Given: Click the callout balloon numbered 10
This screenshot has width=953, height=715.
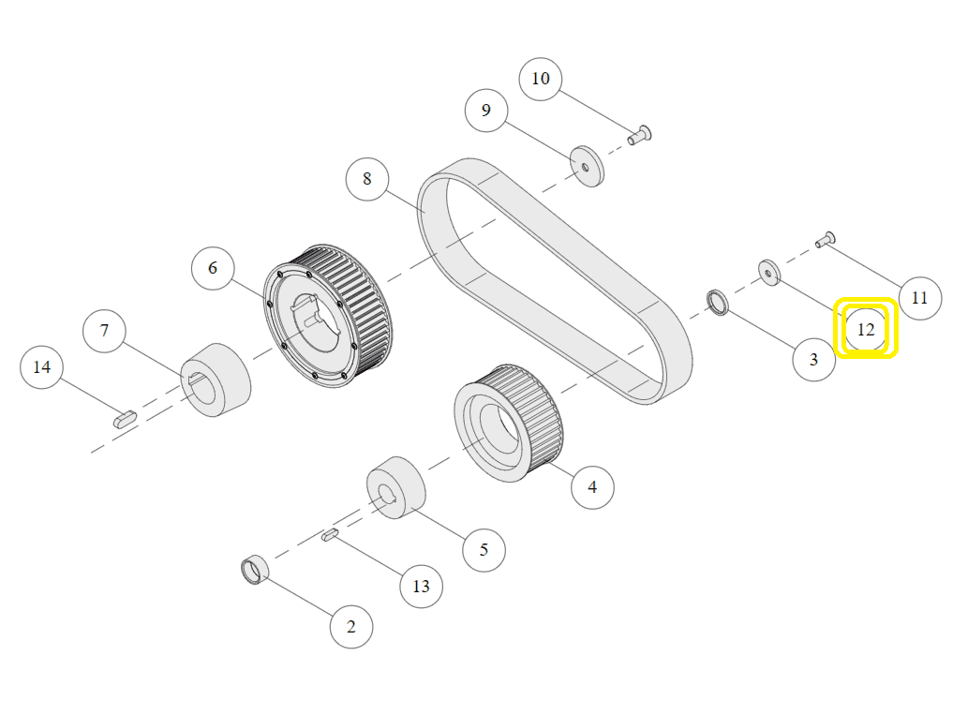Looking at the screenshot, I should pyautogui.click(x=541, y=78).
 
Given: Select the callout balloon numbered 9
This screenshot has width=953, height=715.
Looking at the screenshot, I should pyautogui.click(x=486, y=111).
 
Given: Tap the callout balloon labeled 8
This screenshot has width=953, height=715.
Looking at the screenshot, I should pyautogui.click(x=366, y=178).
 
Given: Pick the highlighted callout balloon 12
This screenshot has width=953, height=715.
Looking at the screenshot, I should pyautogui.click(x=866, y=330).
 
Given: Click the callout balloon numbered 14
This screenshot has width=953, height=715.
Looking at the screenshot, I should pyautogui.click(x=42, y=366).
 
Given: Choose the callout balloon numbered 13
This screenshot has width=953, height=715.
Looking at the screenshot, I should pyautogui.click(x=421, y=586).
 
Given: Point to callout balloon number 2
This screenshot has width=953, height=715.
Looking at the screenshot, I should pyautogui.click(x=351, y=627).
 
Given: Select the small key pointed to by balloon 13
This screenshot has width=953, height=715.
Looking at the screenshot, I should pyautogui.click(x=330, y=535).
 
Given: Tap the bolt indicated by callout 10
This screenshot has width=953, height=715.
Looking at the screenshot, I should pyautogui.click(x=641, y=135).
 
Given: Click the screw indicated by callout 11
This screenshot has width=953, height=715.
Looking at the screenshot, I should pyautogui.click(x=826, y=240).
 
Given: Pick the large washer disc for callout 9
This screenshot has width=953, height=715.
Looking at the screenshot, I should pyautogui.click(x=588, y=166).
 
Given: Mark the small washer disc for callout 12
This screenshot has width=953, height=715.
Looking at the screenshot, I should pyautogui.click(x=769, y=273).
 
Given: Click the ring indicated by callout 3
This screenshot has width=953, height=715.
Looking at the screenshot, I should pyautogui.click(x=718, y=303).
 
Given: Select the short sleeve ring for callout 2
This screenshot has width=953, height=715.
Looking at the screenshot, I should pyautogui.click(x=255, y=569).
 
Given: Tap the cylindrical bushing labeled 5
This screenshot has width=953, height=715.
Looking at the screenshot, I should pyautogui.click(x=395, y=488).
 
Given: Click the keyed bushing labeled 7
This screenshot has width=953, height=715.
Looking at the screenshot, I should pyautogui.click(x=216, y=379).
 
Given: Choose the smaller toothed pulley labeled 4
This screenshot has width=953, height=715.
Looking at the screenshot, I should pyautogui.click(x=510, y=422).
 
